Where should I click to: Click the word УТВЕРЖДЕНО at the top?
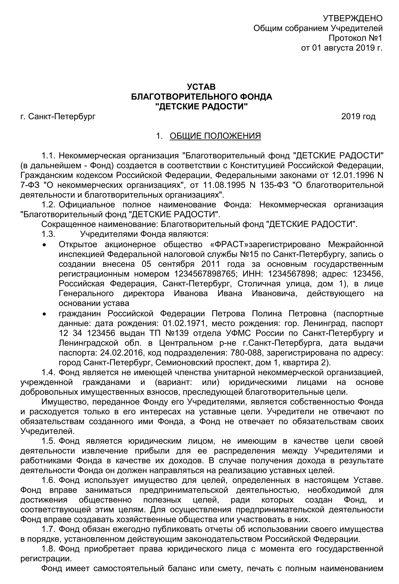pyautogui.click(x=352, y=18)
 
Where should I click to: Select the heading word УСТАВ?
pyautogui.click(x=201, y=87)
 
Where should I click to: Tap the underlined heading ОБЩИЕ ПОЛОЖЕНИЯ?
pyautogui.click(x=215, y=136)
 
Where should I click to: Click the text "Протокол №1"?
pyautogui.click(x=355, y=38)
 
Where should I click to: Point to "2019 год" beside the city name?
pyautogui.click(x=358, y=116)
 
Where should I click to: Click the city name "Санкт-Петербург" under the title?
pyautogui.click(x=62, y=116)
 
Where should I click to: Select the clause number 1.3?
pyautogui.click(x=48, y=234)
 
